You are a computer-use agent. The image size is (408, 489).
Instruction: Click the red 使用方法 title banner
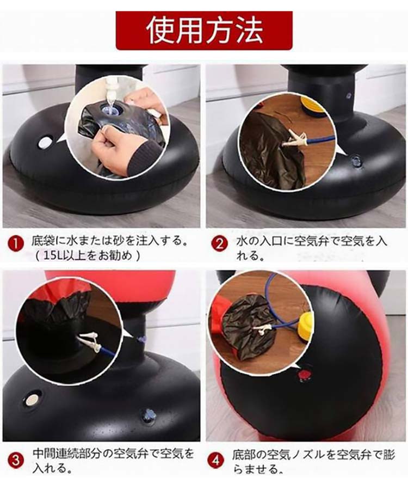click(204, 30)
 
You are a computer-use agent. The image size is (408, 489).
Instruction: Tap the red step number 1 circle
click(16, 244)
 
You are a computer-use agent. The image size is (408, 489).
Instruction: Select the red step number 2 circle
click(219, 244)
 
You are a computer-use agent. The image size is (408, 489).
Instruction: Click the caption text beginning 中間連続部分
click(113, 461)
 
